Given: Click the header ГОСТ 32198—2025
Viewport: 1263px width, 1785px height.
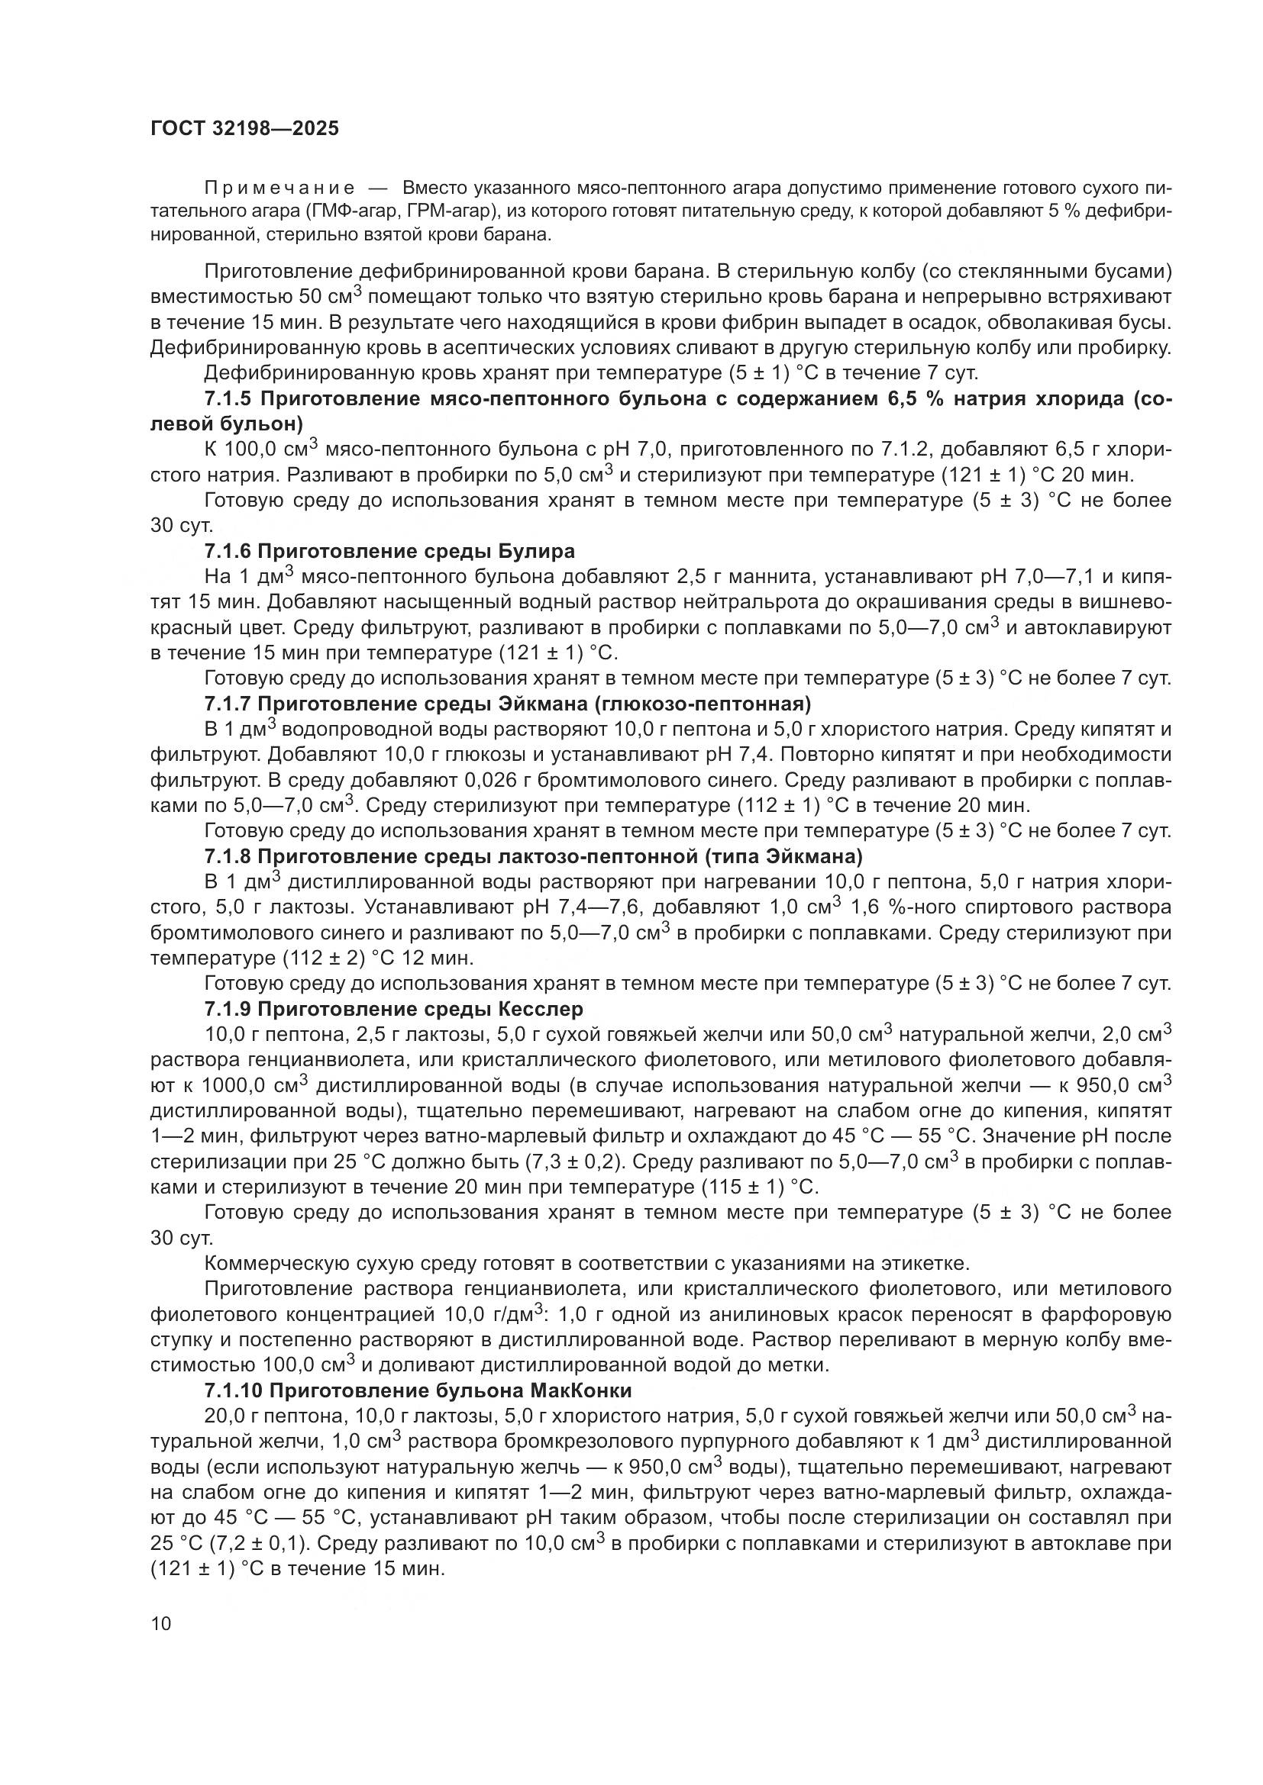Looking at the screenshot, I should [244, 129].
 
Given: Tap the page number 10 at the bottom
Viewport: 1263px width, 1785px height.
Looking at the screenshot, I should [161, 1623].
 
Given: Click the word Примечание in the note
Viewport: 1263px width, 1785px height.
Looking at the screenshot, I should [279, 188].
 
